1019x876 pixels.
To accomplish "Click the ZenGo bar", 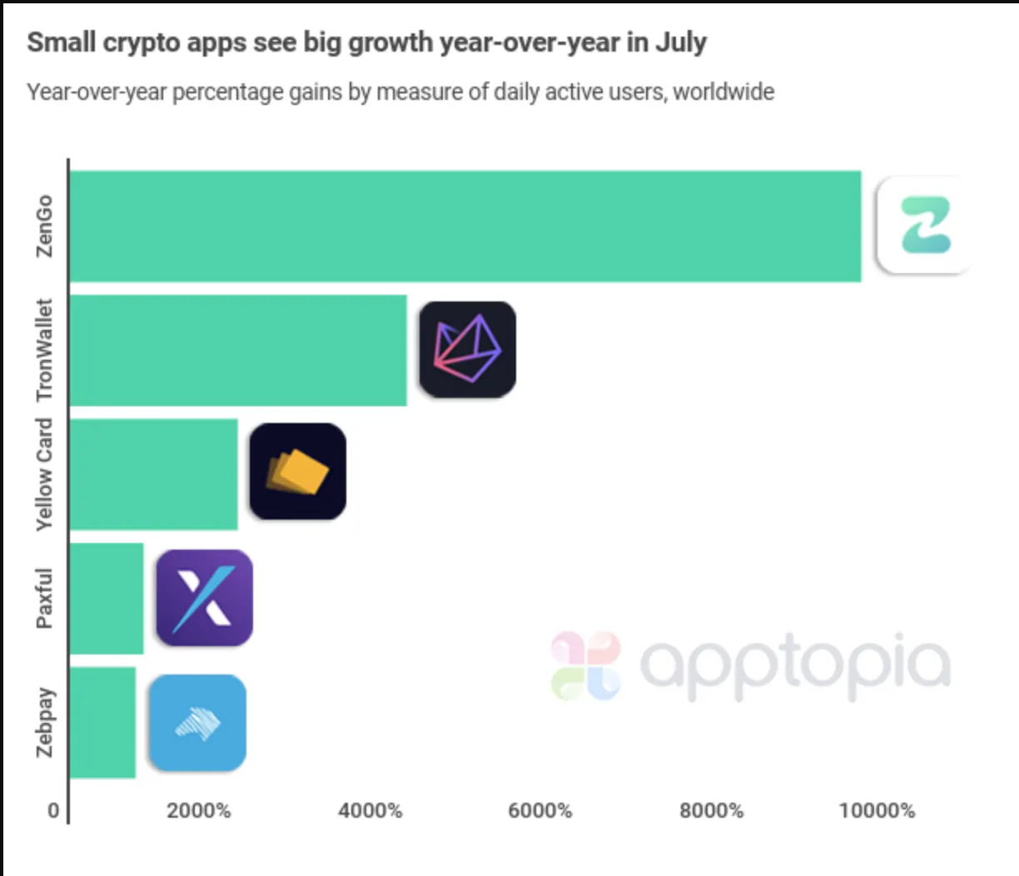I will point(465,226).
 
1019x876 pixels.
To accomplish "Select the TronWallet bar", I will point(238,351).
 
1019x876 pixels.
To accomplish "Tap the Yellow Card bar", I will point(153,475).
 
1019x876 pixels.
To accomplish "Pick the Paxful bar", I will point(107,599).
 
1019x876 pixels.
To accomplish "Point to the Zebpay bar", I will point(102,723).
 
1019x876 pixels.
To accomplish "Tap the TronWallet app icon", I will point(467,349).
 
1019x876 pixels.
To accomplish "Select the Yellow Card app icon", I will point(297,471).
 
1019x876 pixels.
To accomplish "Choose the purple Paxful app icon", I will point(204,597).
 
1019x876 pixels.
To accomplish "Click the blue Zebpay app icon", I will point(197,723).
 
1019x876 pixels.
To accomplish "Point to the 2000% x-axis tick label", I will point(199,810).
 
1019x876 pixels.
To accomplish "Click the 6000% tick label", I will point(540,810).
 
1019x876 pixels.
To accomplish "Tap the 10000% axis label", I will point(877,810).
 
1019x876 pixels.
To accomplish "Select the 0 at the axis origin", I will point(53,810).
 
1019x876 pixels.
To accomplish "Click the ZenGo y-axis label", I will point(44,226).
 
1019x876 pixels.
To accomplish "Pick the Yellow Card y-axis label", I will point(44,475).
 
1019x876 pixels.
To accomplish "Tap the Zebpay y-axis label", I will point(44,723).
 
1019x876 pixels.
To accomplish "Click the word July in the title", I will point(681,42).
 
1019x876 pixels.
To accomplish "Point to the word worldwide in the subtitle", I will point(723,92).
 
